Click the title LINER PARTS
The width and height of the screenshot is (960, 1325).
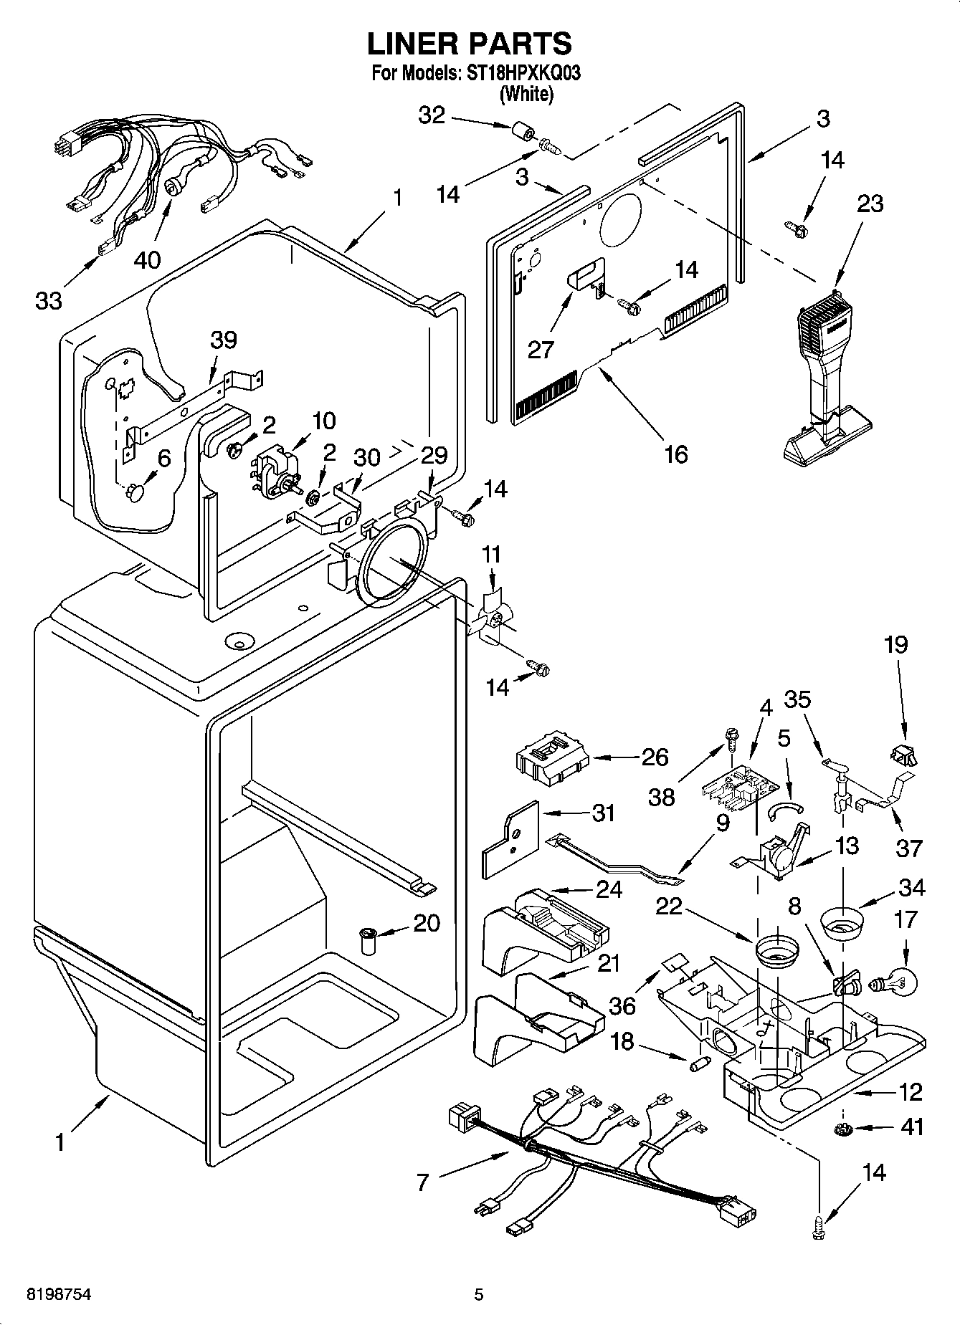(470, 44)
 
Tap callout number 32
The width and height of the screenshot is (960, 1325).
(432, 115)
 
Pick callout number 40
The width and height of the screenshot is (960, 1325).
(148, 259)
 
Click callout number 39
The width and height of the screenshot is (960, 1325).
(224, 340)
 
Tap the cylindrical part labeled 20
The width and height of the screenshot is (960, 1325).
(369, 941)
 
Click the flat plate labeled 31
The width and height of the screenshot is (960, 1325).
(510, 838)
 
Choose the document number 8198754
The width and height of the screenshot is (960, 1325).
(59, 1294)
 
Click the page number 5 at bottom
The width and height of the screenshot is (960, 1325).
(479, 1294)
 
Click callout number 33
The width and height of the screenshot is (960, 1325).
(49, 300)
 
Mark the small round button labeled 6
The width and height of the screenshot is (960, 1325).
(135, 493)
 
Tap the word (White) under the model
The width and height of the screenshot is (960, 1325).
(526, 94)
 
